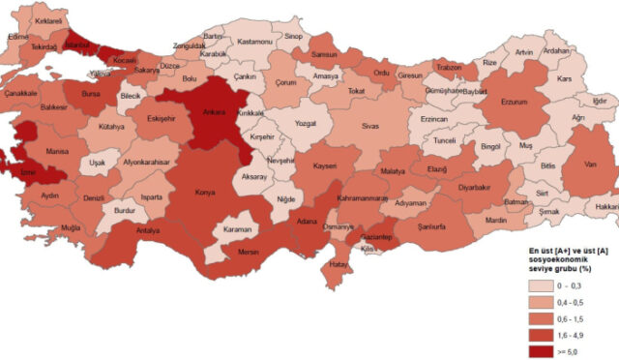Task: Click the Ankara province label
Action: tap(214, 113)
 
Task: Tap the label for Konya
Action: tap(205, 192)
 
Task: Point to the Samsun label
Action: tap(324, 54)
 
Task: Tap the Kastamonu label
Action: tap(256, 42)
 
